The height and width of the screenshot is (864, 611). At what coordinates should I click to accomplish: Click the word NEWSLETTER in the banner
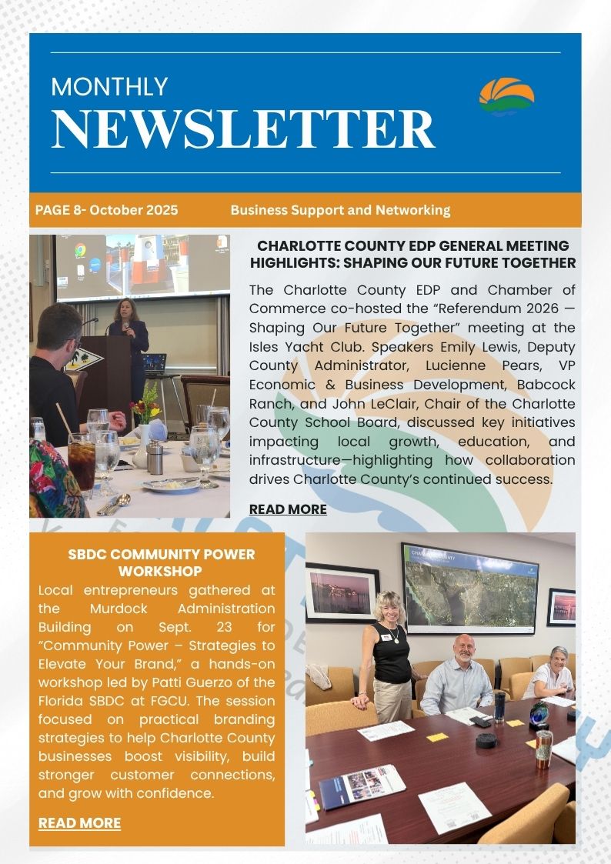point(242,128)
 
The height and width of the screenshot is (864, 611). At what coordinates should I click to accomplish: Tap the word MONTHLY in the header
point(109,86)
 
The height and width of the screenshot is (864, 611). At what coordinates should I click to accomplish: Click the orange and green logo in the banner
point(506,96)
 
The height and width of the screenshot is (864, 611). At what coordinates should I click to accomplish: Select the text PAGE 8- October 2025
point(106,210)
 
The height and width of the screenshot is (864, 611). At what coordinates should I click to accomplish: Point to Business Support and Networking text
point(340,210)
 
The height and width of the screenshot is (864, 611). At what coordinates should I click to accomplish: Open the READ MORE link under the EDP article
point(288,509)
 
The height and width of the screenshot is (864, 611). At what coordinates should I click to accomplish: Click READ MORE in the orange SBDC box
point(79,822)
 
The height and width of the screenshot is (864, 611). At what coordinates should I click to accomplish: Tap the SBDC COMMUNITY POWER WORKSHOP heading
point(161,562)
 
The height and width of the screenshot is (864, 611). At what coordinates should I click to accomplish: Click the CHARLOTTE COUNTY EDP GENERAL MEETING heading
point(412,254)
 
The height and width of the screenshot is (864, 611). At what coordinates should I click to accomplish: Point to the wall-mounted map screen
point(469,588)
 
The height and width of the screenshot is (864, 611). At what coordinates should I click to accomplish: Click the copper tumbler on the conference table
point(544,747)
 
